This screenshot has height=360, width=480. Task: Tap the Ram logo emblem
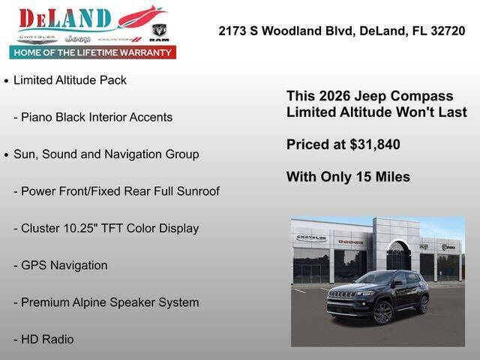pyautogui.click(x=159, y=31)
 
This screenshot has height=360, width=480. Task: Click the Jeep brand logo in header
pyautogui.click(x=78, y=38)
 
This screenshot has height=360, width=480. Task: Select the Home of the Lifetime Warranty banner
pyautogui.click(x=93, y=52)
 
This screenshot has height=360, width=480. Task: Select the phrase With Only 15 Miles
pyautogui.click(x=348, y=177)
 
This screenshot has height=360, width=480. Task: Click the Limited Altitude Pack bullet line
pyautogui.click(x=70, y=80)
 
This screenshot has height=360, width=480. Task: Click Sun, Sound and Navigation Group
pyautogui.click(x=106, y=154)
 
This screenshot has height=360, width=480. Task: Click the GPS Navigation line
pyautogui.click(x=64, y=265)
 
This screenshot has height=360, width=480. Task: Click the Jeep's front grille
pyautogui.click(x=341, y=295)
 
